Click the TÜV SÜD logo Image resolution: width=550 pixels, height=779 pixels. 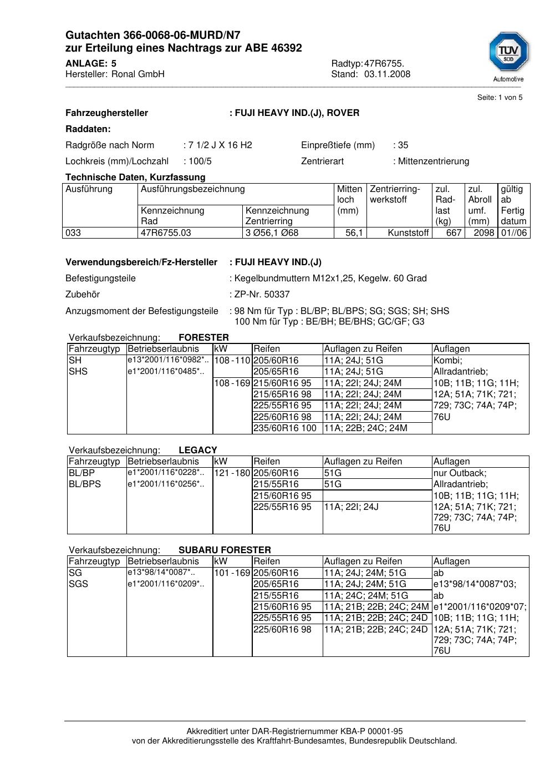click(x=508, y=53)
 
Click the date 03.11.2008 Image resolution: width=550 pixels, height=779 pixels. click(x=387, y=74)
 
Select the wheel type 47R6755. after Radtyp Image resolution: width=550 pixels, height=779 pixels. click(x=384, y=64)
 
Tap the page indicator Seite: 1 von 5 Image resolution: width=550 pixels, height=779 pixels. click(x=500, y=98)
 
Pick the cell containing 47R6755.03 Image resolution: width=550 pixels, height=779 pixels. click(x=166, y=233)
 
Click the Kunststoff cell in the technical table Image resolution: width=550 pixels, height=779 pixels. click(x=408, y=233)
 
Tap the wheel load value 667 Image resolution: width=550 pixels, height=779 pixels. click(x=454, y=233)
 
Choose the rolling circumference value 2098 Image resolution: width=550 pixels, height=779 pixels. click(x=483, y=233)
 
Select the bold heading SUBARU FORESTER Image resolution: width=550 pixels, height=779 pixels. click(x=225, y=550)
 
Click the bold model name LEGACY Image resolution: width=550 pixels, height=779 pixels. click(x=198, y=451)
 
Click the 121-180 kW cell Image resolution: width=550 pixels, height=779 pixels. click(x=232, y=473)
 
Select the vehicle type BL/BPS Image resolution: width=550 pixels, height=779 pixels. click(x=85, y=484)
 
